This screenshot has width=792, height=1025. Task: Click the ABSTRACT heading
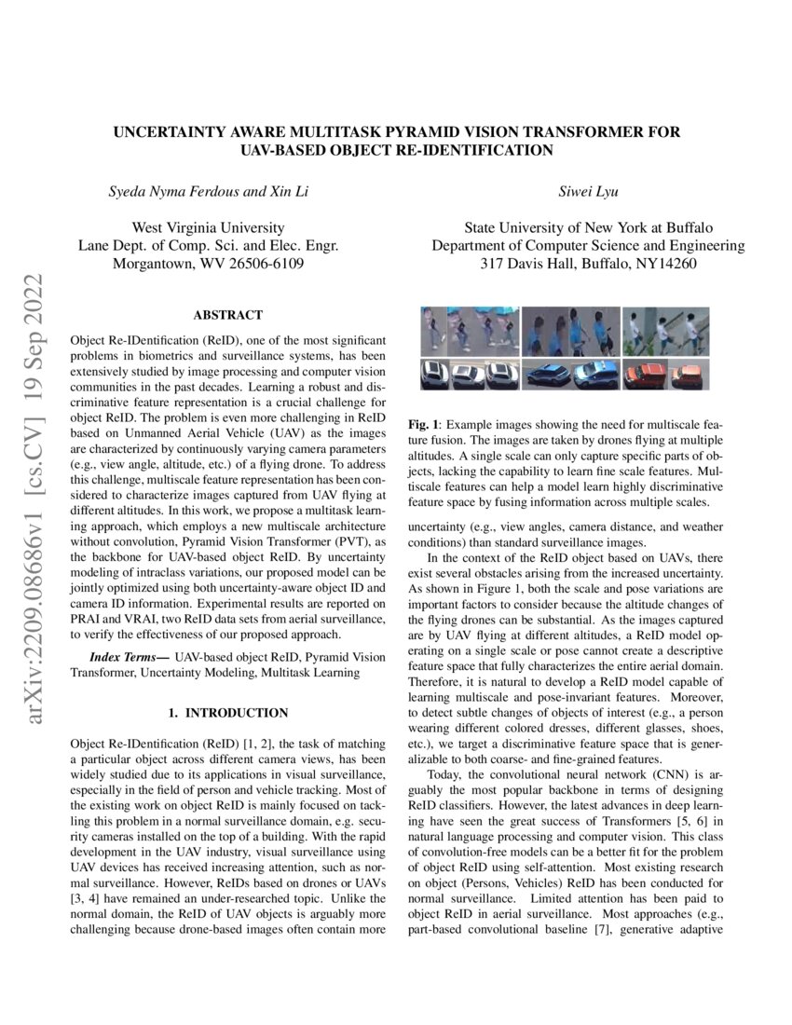click(x=227, y=316)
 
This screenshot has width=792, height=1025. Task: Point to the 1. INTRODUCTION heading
click(x=227, y=713)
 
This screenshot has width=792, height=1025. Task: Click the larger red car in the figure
click(x=642, y=375)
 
